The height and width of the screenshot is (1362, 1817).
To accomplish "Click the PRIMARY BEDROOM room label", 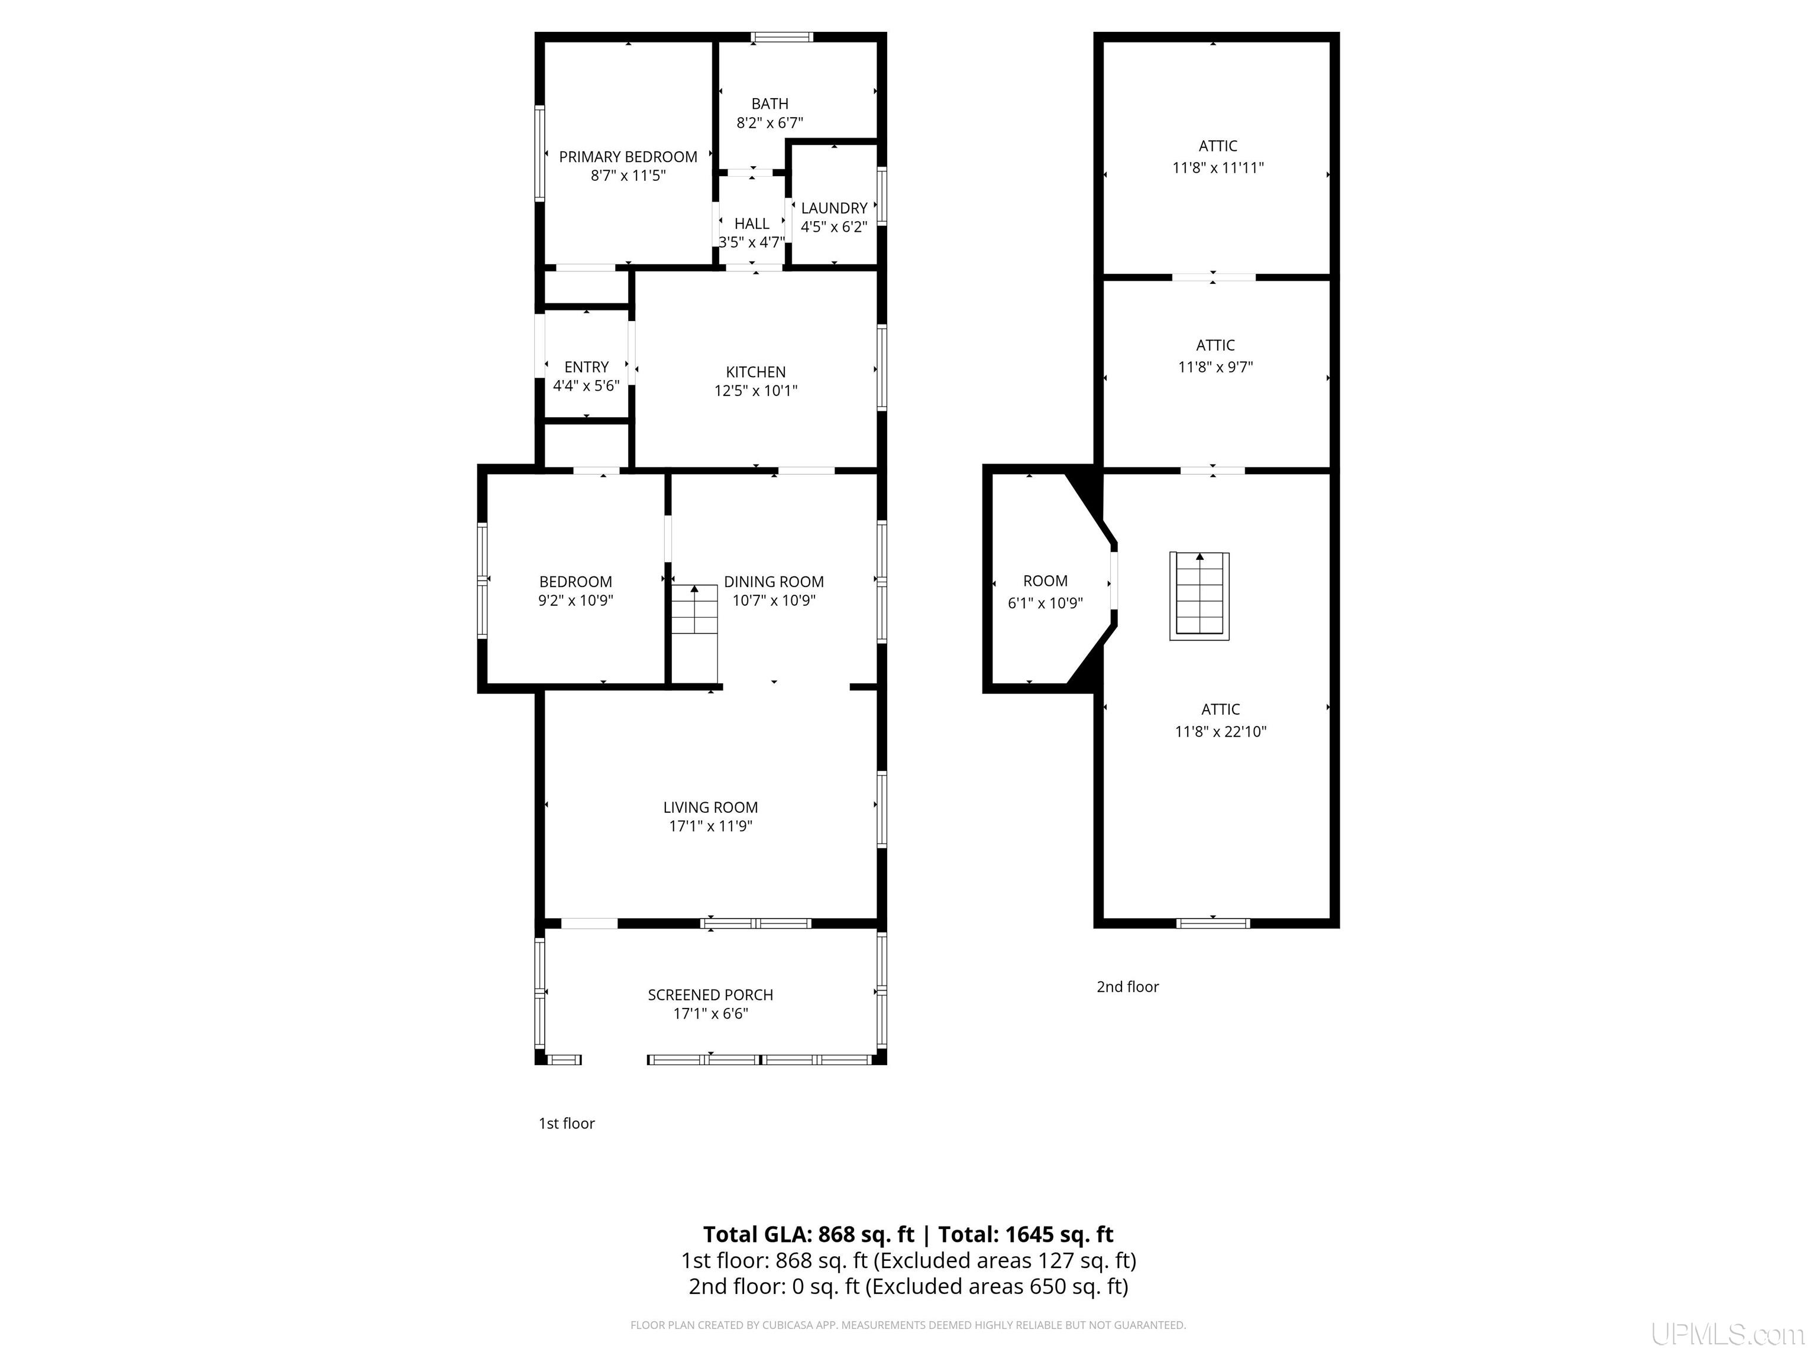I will [x=628, y=157].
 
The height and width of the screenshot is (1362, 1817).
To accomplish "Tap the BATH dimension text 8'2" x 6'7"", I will [x=770, y=123].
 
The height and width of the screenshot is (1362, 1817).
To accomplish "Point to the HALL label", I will [x=752, y=224].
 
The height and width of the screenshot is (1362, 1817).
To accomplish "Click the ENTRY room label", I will [x=586, y=367].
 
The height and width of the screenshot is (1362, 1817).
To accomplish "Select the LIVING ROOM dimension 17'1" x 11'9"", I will [x=710, y=826].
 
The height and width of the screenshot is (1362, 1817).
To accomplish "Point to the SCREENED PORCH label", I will [x=710, y=995].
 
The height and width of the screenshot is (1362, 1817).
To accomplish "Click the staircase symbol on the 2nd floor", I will [x=1200, y=596].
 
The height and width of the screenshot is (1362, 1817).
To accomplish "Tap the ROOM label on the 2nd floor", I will [x=1045, y=581].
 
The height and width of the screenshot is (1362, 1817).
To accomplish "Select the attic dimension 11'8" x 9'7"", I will [x=1215, y=367].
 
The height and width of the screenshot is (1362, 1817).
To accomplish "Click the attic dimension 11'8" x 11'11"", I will [x=1217, y=167].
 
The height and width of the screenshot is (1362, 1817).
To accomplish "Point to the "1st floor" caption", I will [x=567, y=1123].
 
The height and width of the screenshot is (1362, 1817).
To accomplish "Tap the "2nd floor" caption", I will [x=1127, y=987].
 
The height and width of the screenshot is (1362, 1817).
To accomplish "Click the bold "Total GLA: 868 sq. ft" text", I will [x=809, y=1235].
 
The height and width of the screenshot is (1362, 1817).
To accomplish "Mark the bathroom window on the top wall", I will [x=782, y=37].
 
